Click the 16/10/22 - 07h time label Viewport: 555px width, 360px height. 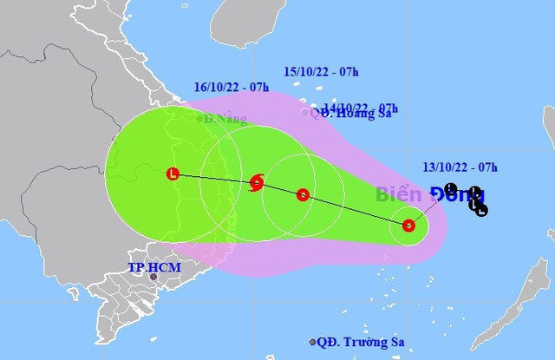[231, 88]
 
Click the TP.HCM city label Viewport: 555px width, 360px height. [154, 267]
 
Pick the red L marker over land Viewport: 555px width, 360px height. [173, 174]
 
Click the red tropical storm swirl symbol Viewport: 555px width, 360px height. [257, 183]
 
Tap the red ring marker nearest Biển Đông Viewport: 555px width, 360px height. [408, 226]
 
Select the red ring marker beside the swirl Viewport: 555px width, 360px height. [303, 195]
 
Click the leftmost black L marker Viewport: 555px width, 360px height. [449, 189]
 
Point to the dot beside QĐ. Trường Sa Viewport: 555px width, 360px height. [313, 343]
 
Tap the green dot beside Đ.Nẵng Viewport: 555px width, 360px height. [199, 119]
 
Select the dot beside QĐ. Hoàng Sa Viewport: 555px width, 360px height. [305, 112]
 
